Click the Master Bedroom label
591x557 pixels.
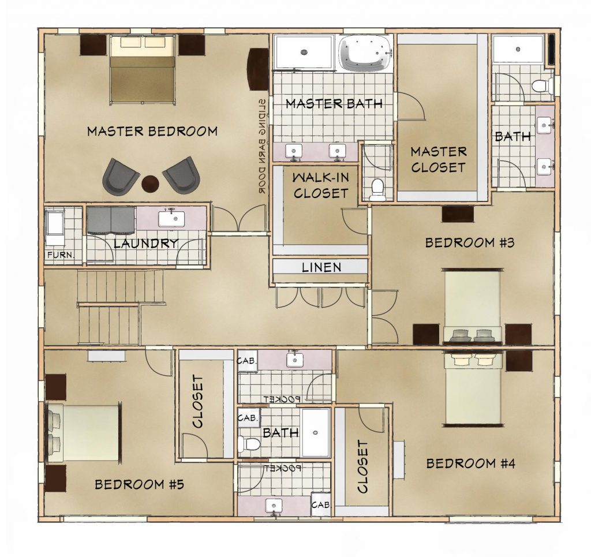(x=152, y=131)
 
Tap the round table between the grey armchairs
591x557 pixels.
(x=151, y=184)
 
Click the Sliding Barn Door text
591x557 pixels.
(x=263, y=146)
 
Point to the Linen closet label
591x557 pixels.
(x=321, y=267)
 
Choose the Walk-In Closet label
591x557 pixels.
(x=321, y=185)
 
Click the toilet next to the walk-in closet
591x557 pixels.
(x=377, y=189)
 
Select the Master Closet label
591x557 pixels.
(x=439, y=159)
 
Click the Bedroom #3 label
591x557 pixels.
(x=470, y=242)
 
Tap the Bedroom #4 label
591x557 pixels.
(x=471, y=463)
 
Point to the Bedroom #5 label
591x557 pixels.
(x=139, y=484)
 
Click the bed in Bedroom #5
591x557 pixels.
(x=84, y=433)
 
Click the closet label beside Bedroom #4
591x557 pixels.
(x=362, y=466)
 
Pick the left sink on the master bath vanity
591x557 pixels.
(x=293, y=151)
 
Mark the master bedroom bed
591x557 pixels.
(x=143, y=70)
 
